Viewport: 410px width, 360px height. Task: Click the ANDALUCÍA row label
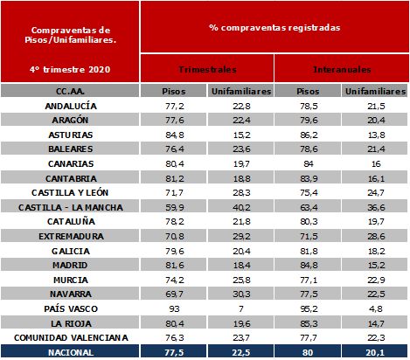pos(71,106)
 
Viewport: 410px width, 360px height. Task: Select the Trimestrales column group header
pos(207,70)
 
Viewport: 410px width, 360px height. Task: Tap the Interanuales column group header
pos(342,70)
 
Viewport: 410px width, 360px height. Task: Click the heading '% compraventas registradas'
pos(274,28)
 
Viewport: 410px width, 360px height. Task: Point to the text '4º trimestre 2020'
pos(70,70)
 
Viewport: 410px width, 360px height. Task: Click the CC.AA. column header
pos(70,92)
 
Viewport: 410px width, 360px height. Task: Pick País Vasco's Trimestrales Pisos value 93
pos(174,308)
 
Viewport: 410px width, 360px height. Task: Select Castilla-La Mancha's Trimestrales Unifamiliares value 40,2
pos(241,207)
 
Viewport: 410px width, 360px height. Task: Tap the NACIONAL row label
pos(71,352)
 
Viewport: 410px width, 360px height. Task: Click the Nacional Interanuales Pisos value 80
pos(308,352)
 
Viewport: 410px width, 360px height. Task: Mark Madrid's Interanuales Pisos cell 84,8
pos(309,266)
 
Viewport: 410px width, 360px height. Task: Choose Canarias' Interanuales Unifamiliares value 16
pos(376,164)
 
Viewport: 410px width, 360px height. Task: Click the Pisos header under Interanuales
pos(308,92)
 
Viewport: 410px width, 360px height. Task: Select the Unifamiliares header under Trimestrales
pos(241,92)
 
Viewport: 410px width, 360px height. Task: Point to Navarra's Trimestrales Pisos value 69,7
pos(174,294)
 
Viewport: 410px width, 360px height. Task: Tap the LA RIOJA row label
pos(71,323)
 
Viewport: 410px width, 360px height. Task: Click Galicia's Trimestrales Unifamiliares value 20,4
pos(241,251)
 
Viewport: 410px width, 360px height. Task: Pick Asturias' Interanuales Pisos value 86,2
pos(309,135)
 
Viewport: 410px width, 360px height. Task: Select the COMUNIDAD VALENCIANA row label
pos(71,338)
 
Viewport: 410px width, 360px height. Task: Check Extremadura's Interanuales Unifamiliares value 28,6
pos(376,236)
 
